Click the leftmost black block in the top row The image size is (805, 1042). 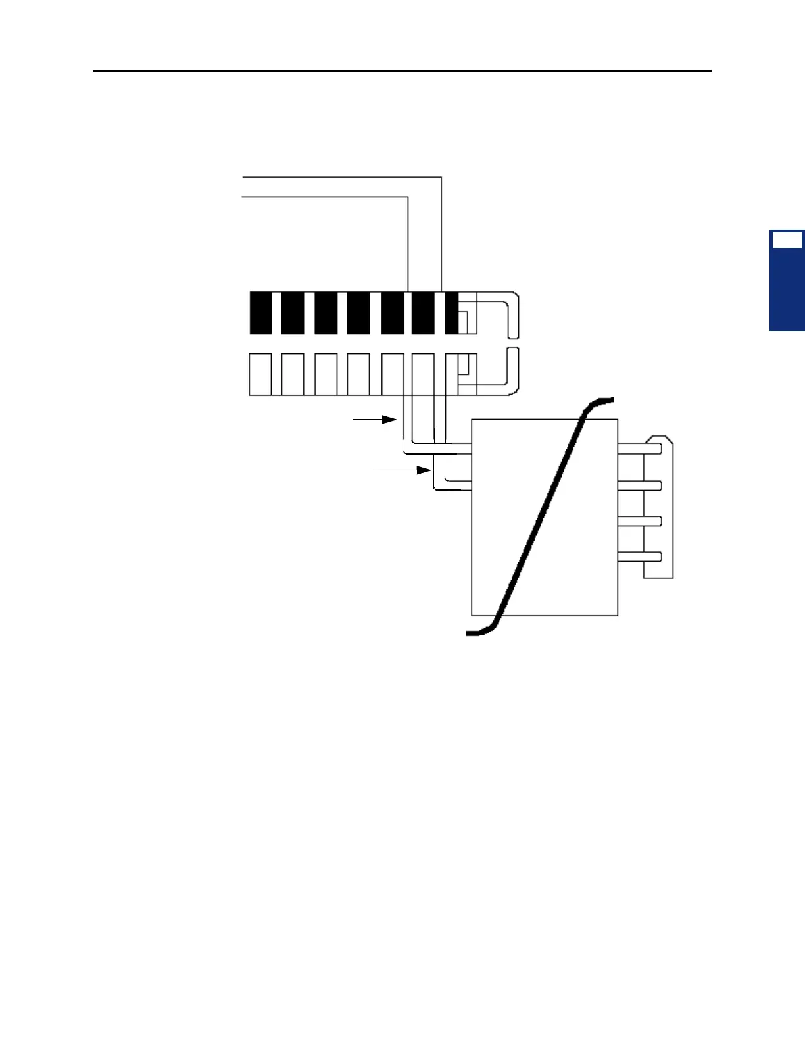pyautogui.click(x=260, y=313)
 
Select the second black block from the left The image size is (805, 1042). pyautogui.click(x=292, y=313)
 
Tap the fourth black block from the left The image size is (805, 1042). pyautogui.click(x=358, y=313)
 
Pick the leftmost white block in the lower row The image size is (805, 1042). pyautogui.click(x=260, y=374)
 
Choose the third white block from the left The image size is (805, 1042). pyautogui.click(x=326, y=374)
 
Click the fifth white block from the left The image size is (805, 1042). pyautogui.click(x=392, y=374)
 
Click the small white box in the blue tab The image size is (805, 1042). pyautogui.click(x=787, y=240)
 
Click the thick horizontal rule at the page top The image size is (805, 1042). pyautogui.click(x=402, y=70)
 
